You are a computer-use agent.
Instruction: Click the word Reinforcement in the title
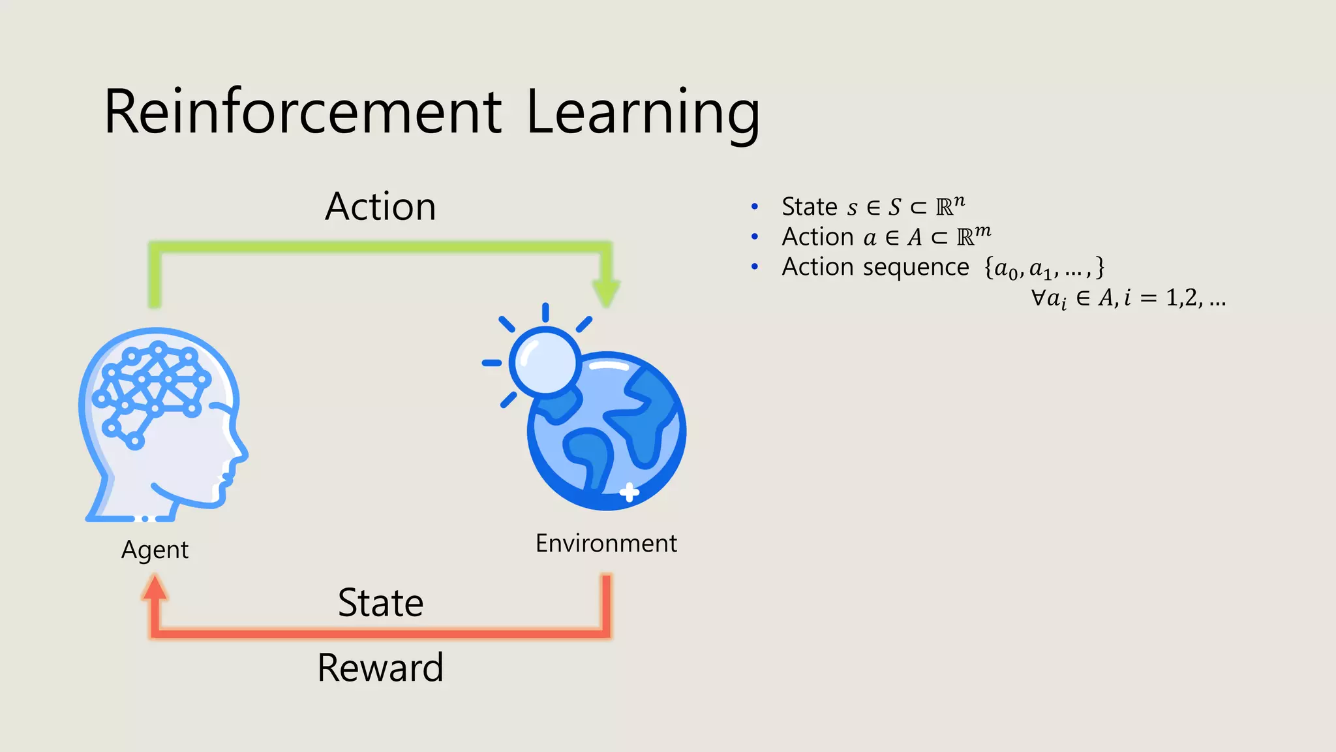point(303,112)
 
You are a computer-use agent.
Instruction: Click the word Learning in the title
point(643,112)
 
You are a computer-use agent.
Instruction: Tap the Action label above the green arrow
point(380,207)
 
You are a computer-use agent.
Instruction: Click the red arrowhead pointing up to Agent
point(155,587)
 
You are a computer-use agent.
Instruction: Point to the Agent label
point(155,550)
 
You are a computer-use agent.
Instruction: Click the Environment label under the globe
point(606,543)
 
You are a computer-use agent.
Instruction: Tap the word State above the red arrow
point(380,603)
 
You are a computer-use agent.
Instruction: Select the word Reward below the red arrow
point(380,668)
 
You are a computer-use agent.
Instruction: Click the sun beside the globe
point(545,361)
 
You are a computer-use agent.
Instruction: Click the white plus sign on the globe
point(629,492)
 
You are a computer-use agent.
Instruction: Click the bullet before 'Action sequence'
point(755,267)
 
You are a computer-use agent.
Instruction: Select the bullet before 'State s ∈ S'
point(755,207)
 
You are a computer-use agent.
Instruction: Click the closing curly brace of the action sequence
point(1100,267)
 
